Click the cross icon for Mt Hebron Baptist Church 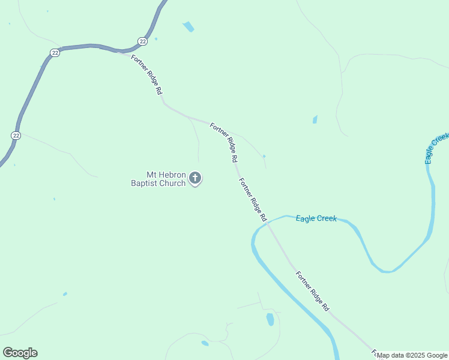[x=195, y=178]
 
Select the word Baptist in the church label [x=145, y=183]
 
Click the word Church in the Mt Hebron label [x=173, y=183]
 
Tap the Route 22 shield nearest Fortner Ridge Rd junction [x=142, y=41]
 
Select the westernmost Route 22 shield [x=16, y=136]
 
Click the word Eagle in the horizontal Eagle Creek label [x=306, y=218]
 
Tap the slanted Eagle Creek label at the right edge [x=436, y=148]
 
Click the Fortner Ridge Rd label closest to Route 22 [x=147, y=74]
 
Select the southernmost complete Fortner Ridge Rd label [x=312, y=290]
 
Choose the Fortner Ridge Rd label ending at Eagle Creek [x=252, y=200]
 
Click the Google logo [x=20, y=353]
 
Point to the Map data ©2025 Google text [x=412, y=355]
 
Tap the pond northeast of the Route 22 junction [x=189, y=27]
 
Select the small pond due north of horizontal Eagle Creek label [x=315, y=119]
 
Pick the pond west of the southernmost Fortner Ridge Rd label [x=270, y=319]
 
